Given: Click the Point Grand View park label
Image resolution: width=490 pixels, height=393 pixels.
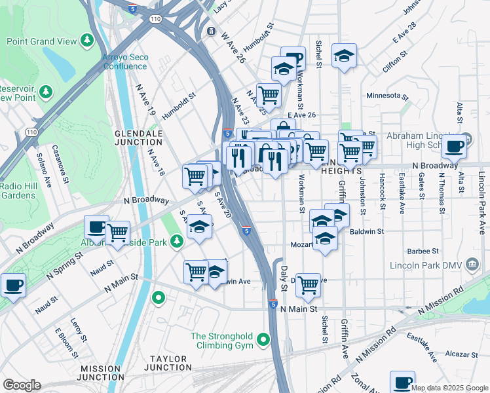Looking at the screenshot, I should pyautogui.click(x=41, y=41).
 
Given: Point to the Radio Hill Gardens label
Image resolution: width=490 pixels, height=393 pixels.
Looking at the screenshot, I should pyautogui.click(x=18, y=191).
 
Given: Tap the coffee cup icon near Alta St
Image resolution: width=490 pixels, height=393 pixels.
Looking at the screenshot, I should pyautogui.click(x=454, y=147).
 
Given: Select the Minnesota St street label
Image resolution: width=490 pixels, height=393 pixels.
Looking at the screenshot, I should pyautogui.click(x=386, y=96).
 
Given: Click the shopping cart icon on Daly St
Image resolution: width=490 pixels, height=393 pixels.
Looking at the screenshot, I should pyautogui.click(x=308, y=285).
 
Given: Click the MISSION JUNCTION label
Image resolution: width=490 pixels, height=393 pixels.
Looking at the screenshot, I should pyautogui.click(x=102, y=373).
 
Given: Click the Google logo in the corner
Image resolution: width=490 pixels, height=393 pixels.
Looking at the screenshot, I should pyautogui.click(x=22, y=385).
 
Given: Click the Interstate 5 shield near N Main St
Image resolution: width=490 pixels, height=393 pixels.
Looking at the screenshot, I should pyautogui.click(x=273, y=305).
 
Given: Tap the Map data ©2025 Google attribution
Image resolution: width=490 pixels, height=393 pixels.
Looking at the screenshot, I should pyautogui.click(x=449, y=388).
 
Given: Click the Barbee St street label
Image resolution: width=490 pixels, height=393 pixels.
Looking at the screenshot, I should pyautogui.click(x=423, y=251).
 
